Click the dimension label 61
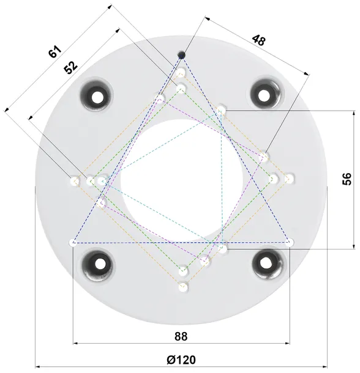pos(56,52)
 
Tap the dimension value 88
pos(180,336)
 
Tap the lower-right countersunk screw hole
pos(266,263)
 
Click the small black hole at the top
pos(181,56)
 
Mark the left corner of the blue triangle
pos(73,242)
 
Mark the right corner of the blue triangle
pos(289,242)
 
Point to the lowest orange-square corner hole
pos(182,287)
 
